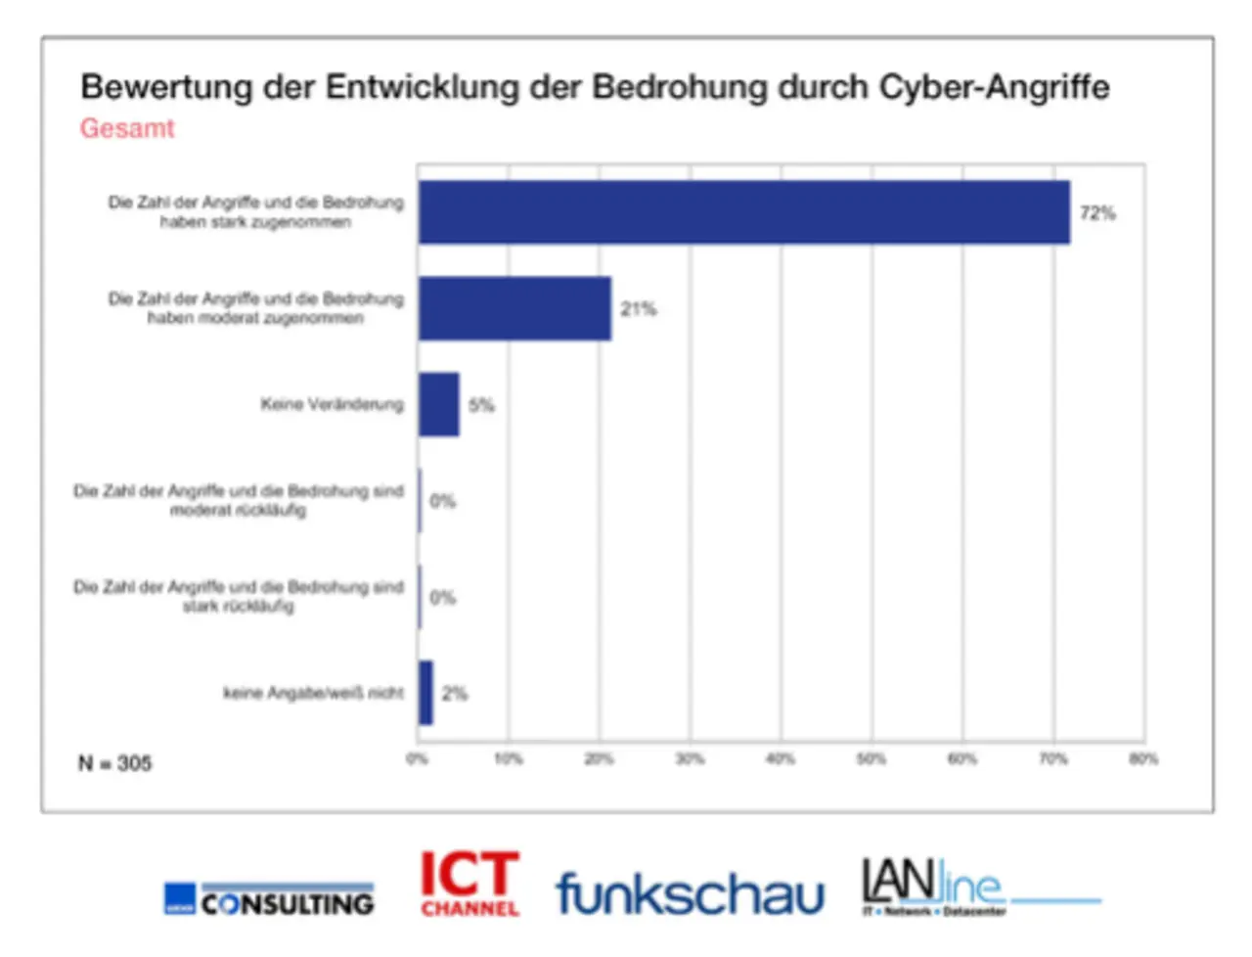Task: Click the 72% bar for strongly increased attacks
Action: click(x=743, y=212)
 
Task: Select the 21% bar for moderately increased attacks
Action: click(x=514, y=308)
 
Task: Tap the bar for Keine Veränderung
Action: click(x=438, y=404)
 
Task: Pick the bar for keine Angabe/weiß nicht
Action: click(x=425, y=693)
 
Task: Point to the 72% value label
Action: click(x=1097, y=213)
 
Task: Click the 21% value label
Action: click(x=638, y=309)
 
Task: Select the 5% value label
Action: click(x=481, y=405)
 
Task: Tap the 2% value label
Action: click(x=454, y=694)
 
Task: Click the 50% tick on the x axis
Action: click(x=871, y=759)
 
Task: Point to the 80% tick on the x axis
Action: click(x=1143, y=759)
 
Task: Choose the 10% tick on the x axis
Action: click(x=508, y=759)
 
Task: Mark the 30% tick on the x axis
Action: click(x=690, y=759)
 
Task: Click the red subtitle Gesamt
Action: click(x=127, y=128)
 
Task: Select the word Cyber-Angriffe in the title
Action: click(x=995, y=87)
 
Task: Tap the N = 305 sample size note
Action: click(x=115, y=763)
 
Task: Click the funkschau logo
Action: click(x=690, y=892)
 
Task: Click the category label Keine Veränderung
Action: click(x=332, y=404)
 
